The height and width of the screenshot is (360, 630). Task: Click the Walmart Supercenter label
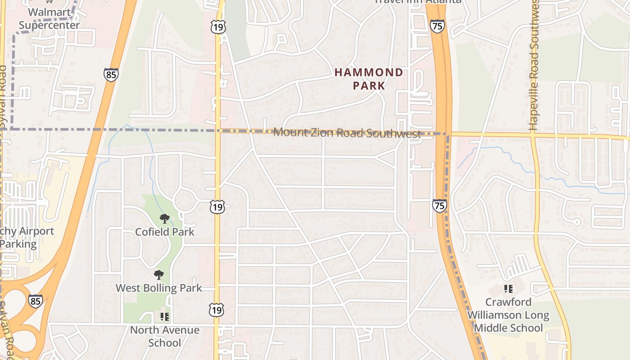49,19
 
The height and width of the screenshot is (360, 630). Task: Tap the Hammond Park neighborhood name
369,79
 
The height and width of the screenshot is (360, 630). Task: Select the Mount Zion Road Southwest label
347,133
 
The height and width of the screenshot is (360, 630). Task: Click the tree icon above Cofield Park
165,219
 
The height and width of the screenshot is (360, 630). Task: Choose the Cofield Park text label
165,232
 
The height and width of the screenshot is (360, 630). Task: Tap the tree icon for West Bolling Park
158,274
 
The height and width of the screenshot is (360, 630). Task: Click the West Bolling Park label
159,288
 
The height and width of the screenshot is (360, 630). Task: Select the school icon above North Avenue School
165,317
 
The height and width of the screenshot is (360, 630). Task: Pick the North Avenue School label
165,336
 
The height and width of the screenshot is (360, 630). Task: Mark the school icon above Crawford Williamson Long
508,288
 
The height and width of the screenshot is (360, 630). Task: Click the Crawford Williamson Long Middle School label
508,315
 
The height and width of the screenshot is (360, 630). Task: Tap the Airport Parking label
25,238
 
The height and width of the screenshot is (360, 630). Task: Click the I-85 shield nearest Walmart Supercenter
111,74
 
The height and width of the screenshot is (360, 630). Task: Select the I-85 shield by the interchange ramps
36,301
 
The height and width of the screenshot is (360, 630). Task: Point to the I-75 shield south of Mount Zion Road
440,206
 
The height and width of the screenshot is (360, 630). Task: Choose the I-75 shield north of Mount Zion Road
437,26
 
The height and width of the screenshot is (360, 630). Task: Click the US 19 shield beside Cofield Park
217,207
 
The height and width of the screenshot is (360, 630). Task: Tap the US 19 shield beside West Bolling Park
217,310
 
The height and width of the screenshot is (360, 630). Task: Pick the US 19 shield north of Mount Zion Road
218,27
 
